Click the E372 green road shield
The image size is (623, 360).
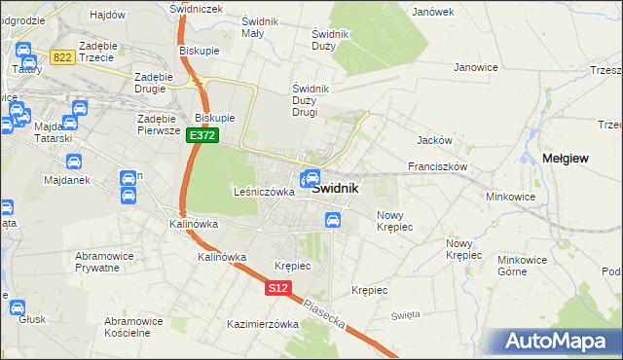coord(202,136)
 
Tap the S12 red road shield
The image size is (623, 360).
coord(278,288)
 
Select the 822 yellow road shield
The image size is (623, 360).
coord(63,58)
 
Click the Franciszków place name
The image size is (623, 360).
coord(438,166)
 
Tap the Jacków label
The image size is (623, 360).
coord(434,140)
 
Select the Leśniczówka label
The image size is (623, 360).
coord(264,192)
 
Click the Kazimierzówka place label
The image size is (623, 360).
coord(262,324)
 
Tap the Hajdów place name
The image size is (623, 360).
coord(107,15)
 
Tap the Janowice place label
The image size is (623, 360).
coord(476,67)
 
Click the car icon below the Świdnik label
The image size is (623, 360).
coord(332,221)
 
